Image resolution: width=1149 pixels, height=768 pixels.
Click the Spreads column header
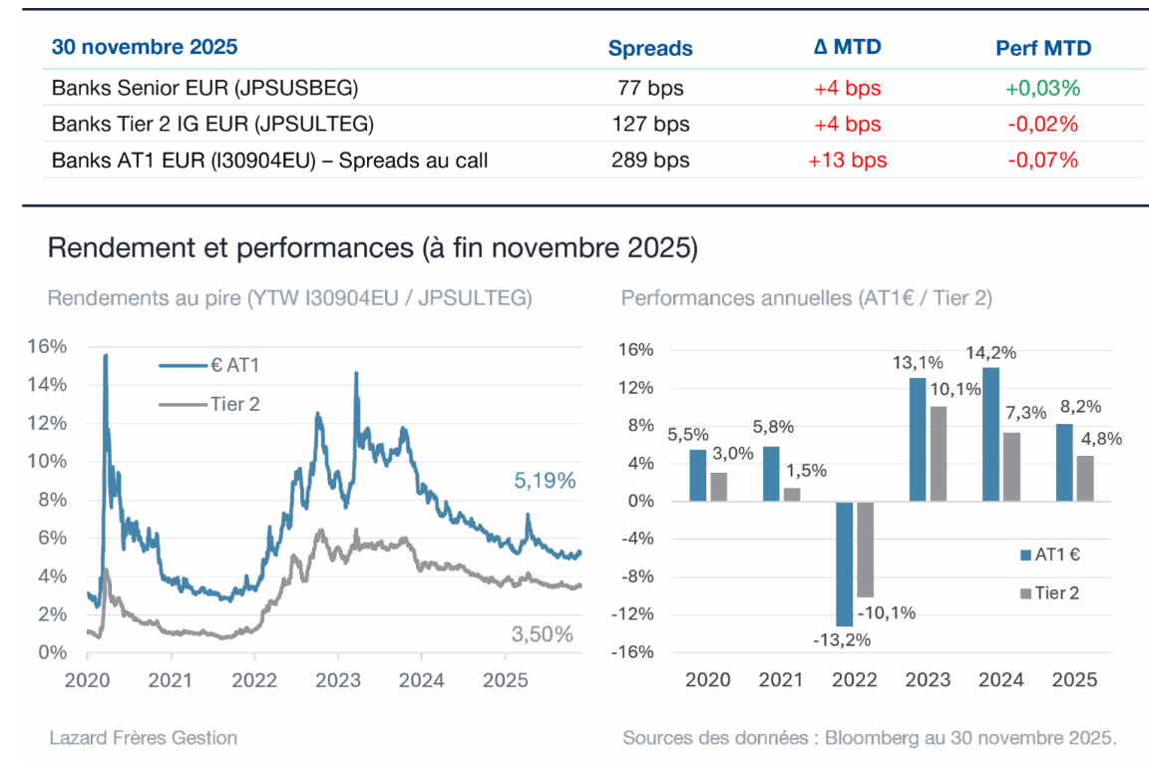tap(650, 48)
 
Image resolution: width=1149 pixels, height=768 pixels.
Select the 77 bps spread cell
tap(650, 88)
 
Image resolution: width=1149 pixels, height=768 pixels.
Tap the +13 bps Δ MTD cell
tap(847, 160)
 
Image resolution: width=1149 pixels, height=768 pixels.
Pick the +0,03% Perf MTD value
tap(1042, 88)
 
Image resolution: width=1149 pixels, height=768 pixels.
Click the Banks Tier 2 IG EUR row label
tap(212, 125)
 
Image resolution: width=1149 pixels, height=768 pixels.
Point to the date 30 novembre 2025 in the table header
tap(145, 47)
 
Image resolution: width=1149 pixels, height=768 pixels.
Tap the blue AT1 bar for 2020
tap(697, 476)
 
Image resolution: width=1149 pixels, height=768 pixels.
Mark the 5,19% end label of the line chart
tap(546, 481)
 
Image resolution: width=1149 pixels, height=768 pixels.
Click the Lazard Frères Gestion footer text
tap(144, 738)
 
